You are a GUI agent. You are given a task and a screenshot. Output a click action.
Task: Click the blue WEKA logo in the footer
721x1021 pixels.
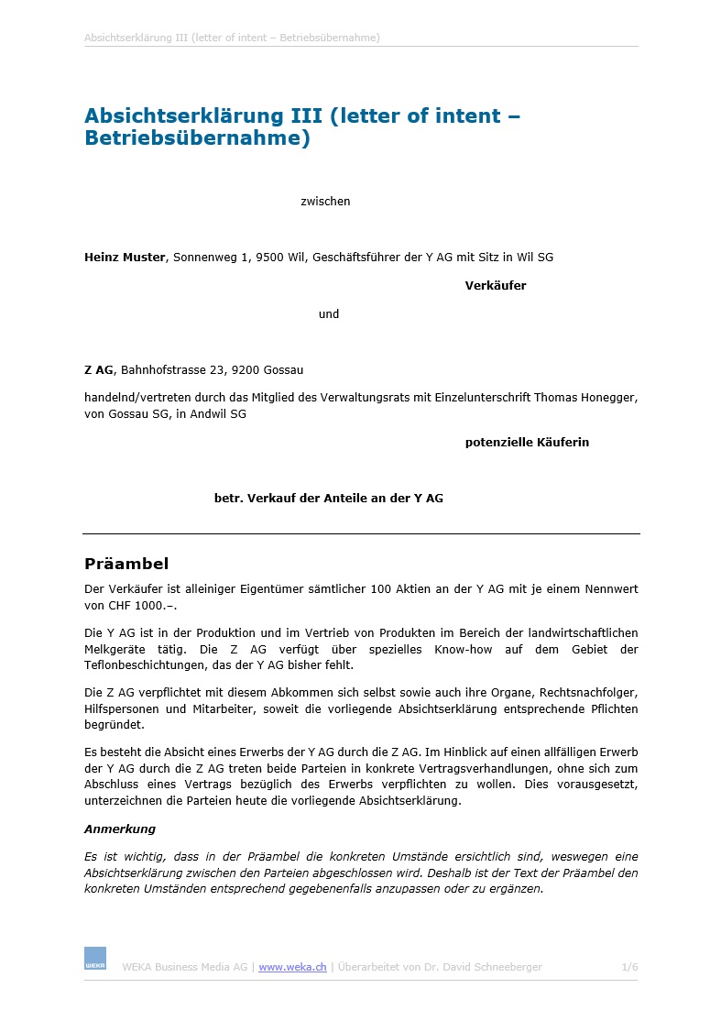tap(95, 959)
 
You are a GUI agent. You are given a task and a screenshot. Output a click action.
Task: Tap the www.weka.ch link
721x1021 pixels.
tap(292, 967)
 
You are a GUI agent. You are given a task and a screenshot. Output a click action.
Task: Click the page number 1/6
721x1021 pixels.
tap(629, 967)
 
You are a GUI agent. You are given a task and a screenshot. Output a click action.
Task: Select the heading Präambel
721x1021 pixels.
tap(126, 564)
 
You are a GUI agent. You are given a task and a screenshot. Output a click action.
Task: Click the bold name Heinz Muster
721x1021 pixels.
tap(126, 258)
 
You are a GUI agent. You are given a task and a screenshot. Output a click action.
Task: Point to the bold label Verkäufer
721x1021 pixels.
tap(495, 286)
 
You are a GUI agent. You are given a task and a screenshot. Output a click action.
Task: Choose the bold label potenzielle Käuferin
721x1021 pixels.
tap(527, 443)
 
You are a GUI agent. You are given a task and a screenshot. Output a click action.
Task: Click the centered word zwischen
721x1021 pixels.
tap(325, 202)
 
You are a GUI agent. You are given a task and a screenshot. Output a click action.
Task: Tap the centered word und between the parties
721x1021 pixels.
tap(329, 314)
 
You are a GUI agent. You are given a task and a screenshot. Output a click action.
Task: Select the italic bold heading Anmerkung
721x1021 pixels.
tap(120, 829)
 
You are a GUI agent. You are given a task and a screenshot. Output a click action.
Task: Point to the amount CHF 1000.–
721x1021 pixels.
tap(143, 606)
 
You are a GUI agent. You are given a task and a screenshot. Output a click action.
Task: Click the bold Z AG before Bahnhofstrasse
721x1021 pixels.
tap(98, 370)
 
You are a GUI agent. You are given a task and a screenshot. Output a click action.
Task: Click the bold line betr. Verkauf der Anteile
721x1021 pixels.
tap(328, 499)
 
